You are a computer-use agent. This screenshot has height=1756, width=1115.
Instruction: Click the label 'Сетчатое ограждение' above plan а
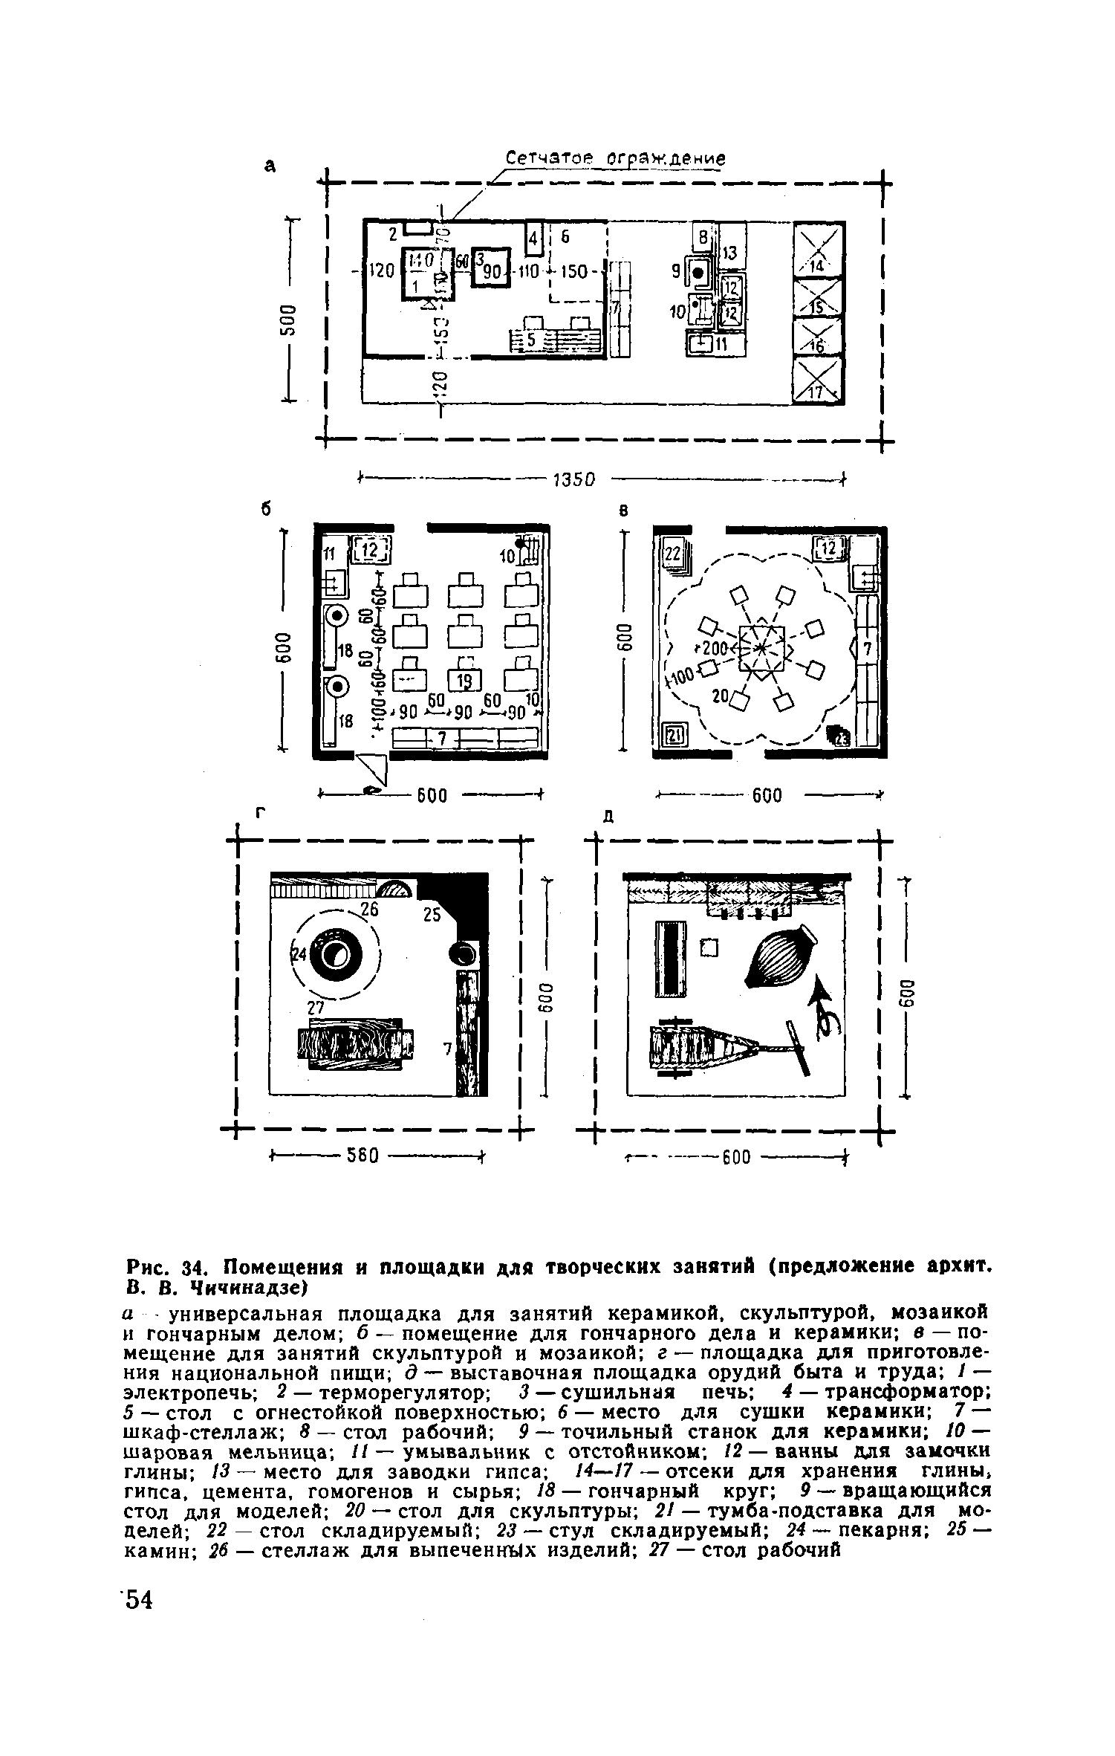[615, 159]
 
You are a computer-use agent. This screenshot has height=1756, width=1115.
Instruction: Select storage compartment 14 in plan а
[819, 250]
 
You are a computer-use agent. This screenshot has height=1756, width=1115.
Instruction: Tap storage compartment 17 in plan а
[819, 381]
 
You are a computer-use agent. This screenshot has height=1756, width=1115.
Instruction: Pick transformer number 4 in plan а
[533, 239]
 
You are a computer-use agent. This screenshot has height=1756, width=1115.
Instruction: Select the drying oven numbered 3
[491, 265]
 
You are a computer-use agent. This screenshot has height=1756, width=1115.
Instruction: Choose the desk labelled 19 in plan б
[465, 680]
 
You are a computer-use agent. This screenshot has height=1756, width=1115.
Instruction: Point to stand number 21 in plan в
[675, 736]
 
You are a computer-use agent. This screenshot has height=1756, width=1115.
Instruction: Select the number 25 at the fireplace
[432, 916]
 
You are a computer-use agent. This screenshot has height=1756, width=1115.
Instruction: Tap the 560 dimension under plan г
[363, 1156]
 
